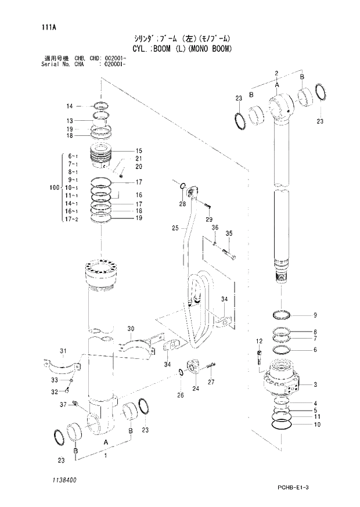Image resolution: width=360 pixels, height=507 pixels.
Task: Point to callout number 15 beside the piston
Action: pyautogui.click(x=139, y=150)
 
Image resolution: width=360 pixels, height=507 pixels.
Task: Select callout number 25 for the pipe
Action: pyautogui.click(x=175, y=229)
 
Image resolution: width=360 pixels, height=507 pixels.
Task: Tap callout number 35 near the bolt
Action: pyautogui.click(x=229, y=233)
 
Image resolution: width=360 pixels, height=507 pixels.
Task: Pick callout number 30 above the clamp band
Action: pyautogui.click(x=131, y=329)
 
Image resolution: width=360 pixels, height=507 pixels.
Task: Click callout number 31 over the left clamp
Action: pyautogui.click(x=63, y=350)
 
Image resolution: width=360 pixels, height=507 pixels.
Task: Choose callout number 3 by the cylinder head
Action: pyautogui.click(x=315, y=384)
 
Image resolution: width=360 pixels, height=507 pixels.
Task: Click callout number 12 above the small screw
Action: pyautogui.click(x=259, y=340)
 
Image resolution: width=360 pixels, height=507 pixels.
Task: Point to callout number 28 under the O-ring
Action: pyautogui.click(x=182, y=204)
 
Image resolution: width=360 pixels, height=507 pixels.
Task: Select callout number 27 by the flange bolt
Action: pyautogui.click(x=211, y=382)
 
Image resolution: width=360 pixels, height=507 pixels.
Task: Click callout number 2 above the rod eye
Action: pyautogui.click(x=277, y=73)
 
